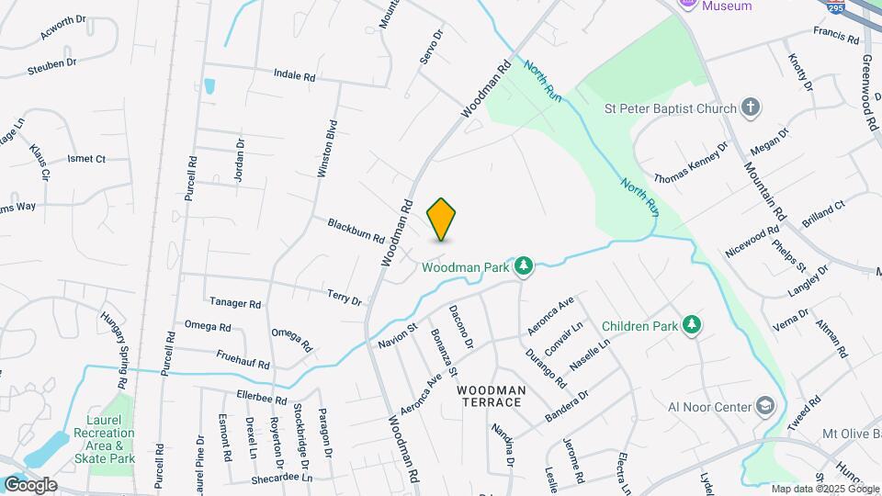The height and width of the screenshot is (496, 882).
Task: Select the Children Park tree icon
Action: point(692,326)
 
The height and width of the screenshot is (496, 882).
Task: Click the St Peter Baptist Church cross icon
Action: point(751,108)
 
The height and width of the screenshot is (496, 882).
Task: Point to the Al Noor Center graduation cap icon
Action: point(764,407)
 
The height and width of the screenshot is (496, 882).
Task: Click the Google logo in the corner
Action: point(29,485)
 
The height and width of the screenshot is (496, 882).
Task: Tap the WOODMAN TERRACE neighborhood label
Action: point(492,397)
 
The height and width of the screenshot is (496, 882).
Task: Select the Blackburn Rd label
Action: point(356,230)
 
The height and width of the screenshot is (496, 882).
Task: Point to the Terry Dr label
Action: point(345,297)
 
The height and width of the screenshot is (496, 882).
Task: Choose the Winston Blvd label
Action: point(325,148)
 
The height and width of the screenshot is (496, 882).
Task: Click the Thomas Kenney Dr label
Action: point(690,162)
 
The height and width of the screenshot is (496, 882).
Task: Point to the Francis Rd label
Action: point(835,35)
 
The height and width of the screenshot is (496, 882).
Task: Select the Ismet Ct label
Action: point(86,159)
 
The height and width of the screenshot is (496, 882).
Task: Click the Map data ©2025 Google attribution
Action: point(825,489)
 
